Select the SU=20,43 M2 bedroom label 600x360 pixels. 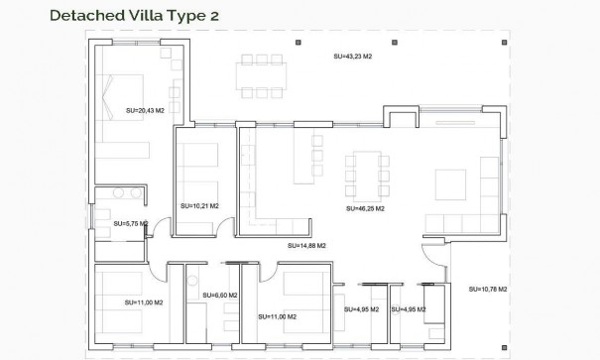tap(146, 111)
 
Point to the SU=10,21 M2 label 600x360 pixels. tap(199, 206)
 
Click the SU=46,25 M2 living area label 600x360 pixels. tap(365, 209)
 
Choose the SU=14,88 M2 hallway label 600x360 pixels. tap(306, 244)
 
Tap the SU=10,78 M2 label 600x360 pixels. tap(488, 289)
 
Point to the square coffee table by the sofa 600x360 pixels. tap(450, 184)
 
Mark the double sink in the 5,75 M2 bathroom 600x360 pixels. tap(120, 194)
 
